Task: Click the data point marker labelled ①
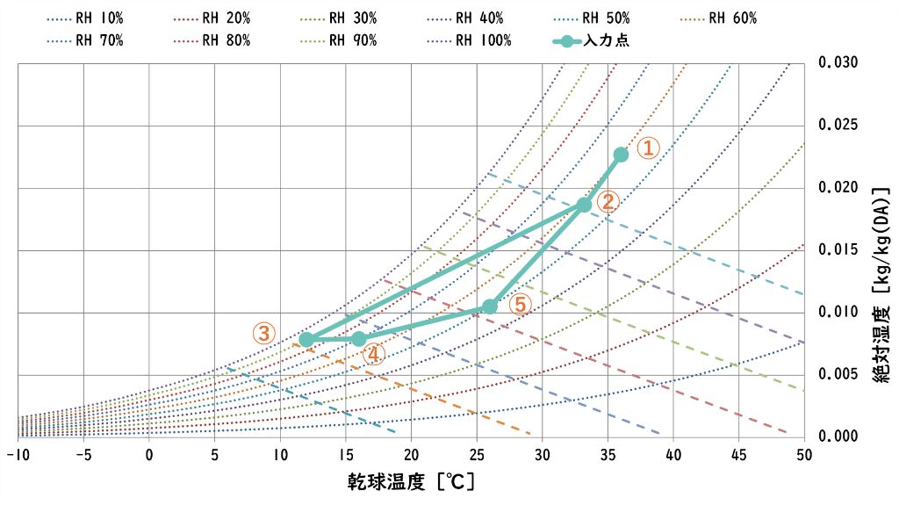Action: [621, 155]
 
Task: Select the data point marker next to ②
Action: [584, 205]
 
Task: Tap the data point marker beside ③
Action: [306, 339]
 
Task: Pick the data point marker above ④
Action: [358, 339]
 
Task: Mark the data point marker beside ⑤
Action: [490, 307]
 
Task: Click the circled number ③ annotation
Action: [264, 334]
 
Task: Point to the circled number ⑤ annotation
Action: [520, 305]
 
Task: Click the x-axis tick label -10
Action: [18, 455]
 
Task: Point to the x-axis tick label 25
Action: [477, 455]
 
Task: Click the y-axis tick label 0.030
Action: [838, 63]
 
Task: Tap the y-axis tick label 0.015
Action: [838, 250]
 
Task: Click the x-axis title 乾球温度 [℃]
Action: [410, 483]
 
